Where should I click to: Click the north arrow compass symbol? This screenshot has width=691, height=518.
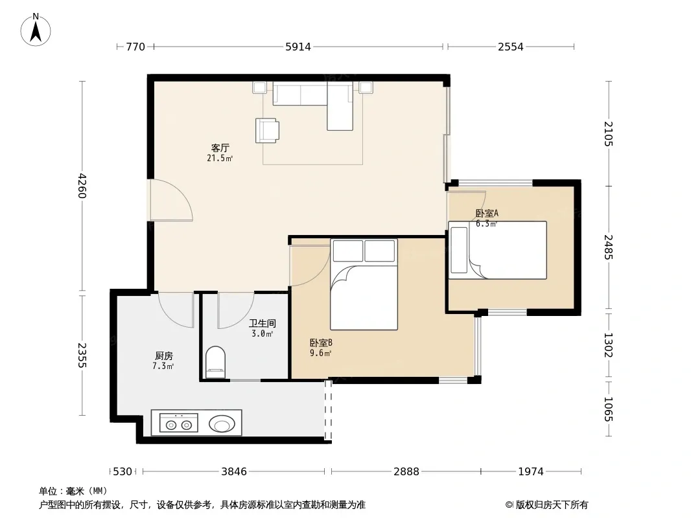(x=36, y=30)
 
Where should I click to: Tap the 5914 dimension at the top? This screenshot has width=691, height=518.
(x=298, y=47)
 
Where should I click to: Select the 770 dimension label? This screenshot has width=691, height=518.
(x=135, y=47)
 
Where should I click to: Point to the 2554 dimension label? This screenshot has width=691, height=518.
(x=511, y=47)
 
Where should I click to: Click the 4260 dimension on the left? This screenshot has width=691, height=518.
(x=82, y=186)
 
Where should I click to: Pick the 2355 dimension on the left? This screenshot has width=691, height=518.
(x=82, y=355)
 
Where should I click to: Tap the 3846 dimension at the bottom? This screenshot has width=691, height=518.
(x=234, y=471)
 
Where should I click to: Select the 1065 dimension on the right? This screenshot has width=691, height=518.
(x=608, y=409)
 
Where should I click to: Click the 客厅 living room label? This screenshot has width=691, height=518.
(x=220, y=148)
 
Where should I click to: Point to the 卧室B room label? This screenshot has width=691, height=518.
(x=321, y=343)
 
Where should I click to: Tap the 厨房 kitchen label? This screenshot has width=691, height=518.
(x=163, y=355)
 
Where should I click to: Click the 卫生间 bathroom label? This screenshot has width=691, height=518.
(x=263, y=324)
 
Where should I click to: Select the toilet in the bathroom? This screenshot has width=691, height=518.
(x=215, y=362)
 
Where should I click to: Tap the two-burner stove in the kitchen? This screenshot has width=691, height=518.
(x=178, y=423)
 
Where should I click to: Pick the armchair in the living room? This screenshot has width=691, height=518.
(x=267, y=130)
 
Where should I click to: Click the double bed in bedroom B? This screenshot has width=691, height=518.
(x=364, y=284)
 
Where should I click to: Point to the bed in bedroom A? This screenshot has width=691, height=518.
(x=498, y=250)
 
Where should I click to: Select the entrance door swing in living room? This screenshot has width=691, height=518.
(x=171, y=200)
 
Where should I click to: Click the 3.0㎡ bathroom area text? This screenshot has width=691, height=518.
(x=263, y=334)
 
